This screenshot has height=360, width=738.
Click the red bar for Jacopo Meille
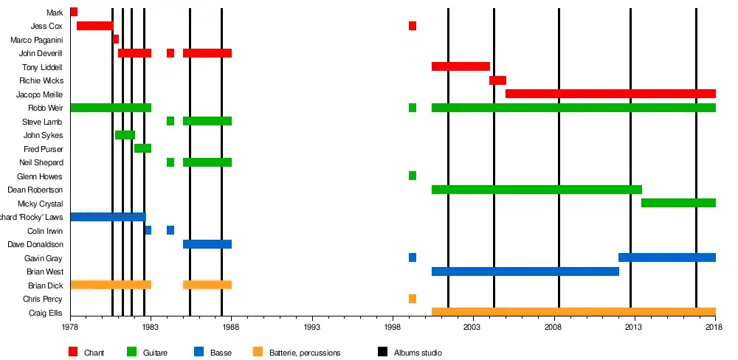[x=610, y=94]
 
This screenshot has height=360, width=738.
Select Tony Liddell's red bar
[x=461, y=66]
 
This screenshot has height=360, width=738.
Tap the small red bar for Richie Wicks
[x=497, y=80]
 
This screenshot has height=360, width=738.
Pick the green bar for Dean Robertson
[x=537, y=190]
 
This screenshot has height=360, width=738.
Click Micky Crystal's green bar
[x=678, y=203]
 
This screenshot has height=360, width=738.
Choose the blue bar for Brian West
[x=525, y=271]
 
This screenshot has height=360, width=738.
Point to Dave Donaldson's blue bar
[x=207, y=244]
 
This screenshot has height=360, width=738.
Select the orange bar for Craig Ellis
[x=573, y=312]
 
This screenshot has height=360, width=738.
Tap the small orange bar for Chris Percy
[x=413, y=299]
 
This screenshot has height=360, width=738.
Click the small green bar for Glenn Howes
[x=413, y=176]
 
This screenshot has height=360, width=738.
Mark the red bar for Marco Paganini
[x=116, y=39]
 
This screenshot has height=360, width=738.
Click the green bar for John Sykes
[x=125, y=135]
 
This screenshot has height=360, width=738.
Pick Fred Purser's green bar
[x=142, y=148]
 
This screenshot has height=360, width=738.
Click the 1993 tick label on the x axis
[x=311, y=327]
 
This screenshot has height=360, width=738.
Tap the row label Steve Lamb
[x=42, y=122]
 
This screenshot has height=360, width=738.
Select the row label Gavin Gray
[x=44, y=258]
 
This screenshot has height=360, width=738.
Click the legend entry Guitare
[x=155, y=353]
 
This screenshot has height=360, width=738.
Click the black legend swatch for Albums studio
[x=382, y=352]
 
